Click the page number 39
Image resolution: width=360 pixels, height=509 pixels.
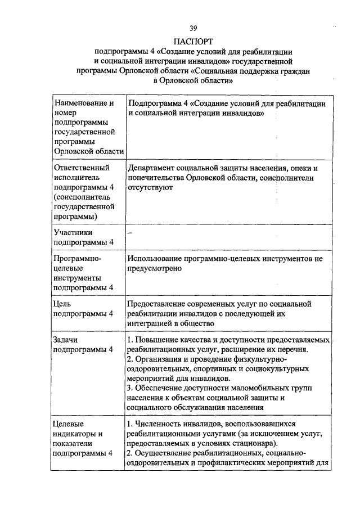[x=193, y=28]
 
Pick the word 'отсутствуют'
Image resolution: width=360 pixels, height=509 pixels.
[x=150, y=187]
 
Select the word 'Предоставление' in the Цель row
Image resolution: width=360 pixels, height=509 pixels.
[x=156, y=304]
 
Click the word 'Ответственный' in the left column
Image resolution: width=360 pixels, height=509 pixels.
[x=80, y=168]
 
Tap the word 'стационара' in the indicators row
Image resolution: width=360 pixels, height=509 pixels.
[x=261, y=443]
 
